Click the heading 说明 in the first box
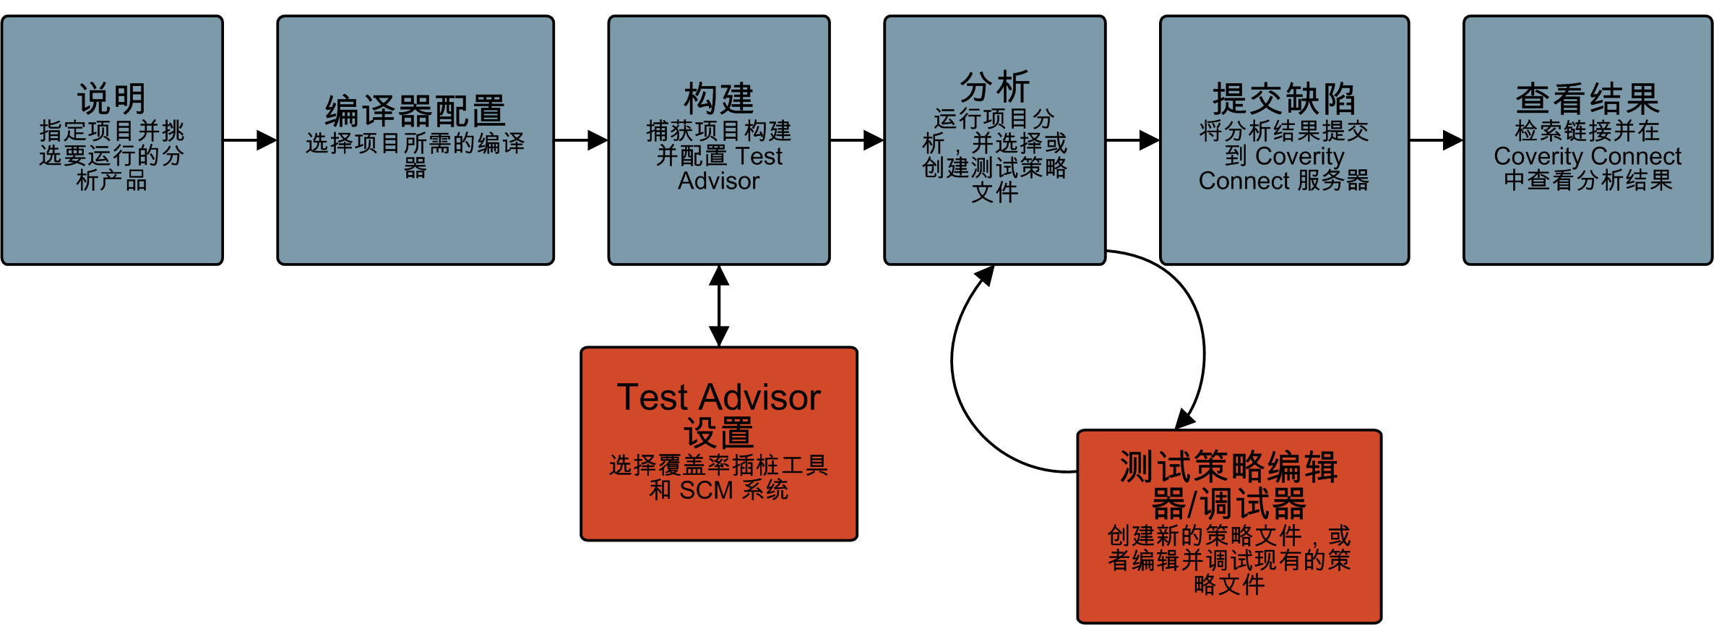[112, 99]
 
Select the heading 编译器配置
[415, 111]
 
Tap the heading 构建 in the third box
[718, 99]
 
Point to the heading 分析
[994, 87]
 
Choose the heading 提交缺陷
[1284, 99]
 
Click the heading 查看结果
[1588, 99]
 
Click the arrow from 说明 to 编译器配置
[249, 140]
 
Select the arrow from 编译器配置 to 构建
[580, 140]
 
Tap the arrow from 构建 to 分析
[856, 140]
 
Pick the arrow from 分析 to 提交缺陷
[1132, 140]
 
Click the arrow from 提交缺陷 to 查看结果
[1436, 140]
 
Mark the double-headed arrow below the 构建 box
[719, 306]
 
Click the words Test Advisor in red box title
[718, 398]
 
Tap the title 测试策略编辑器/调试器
[1228, 485]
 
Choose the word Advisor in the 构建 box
[718, 181]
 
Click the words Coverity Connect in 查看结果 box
[1588, 156]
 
